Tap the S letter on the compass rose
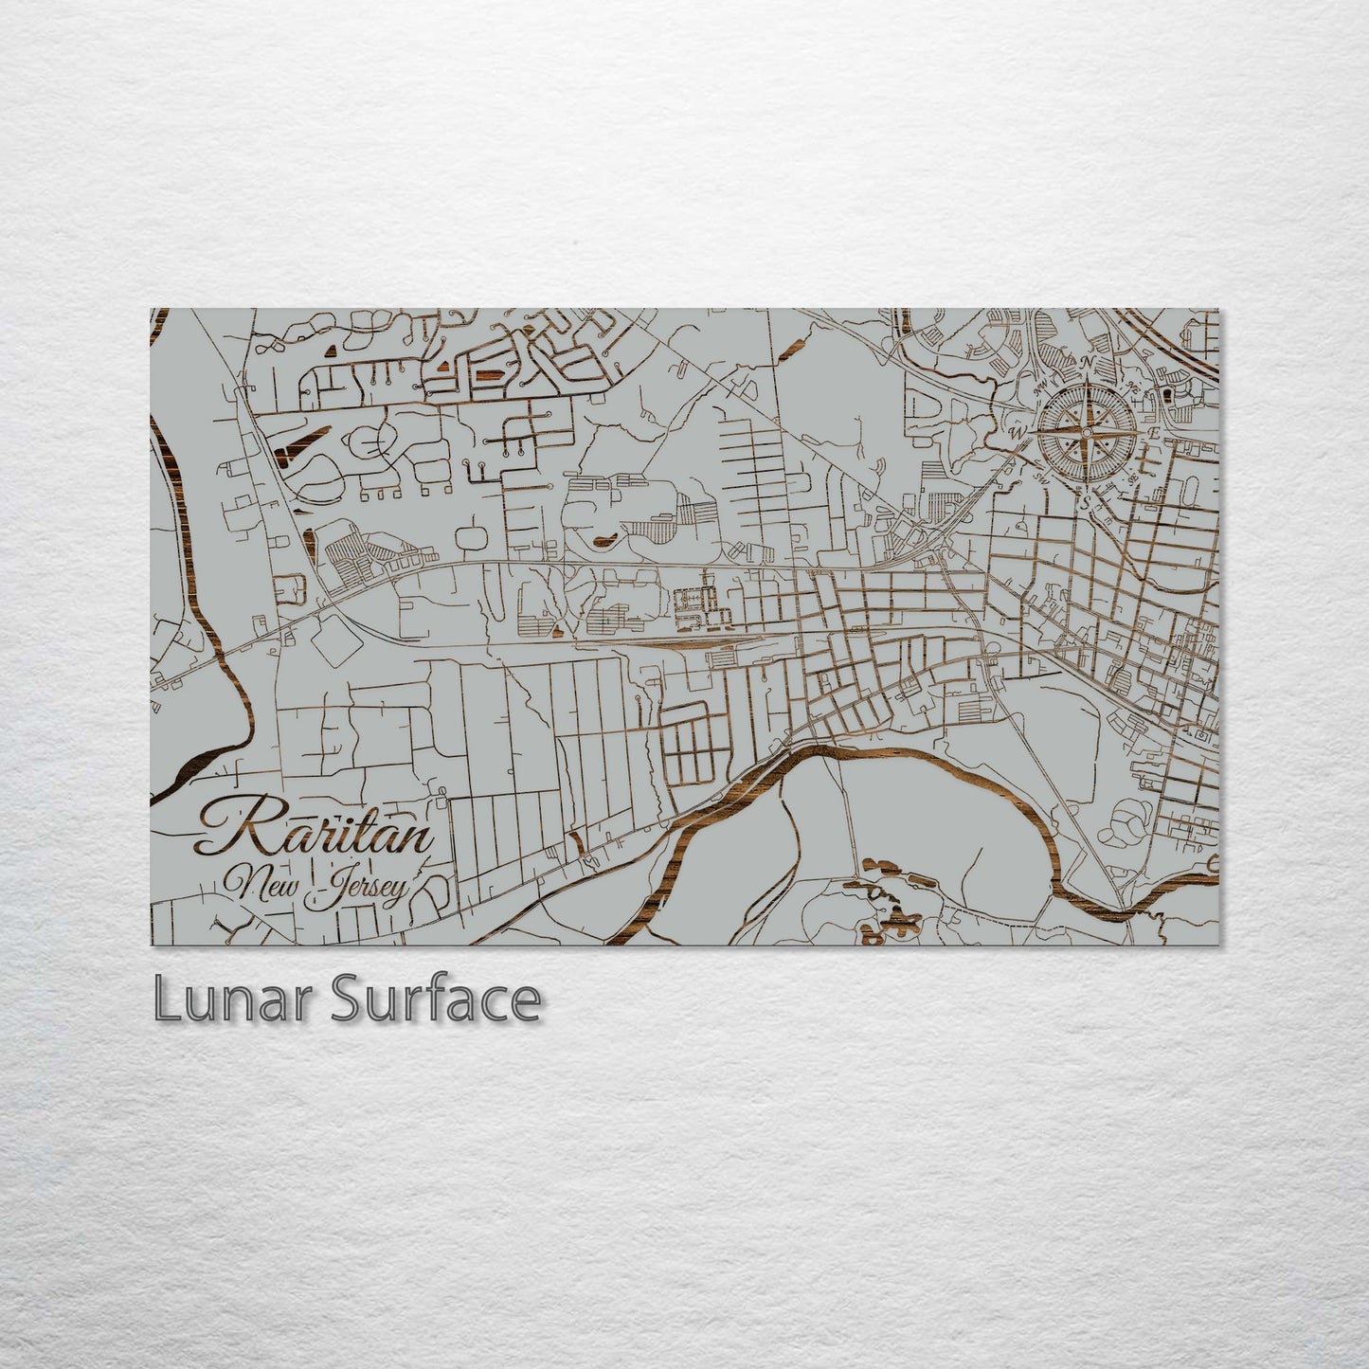(1088, 501)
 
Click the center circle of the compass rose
(1087, 432)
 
